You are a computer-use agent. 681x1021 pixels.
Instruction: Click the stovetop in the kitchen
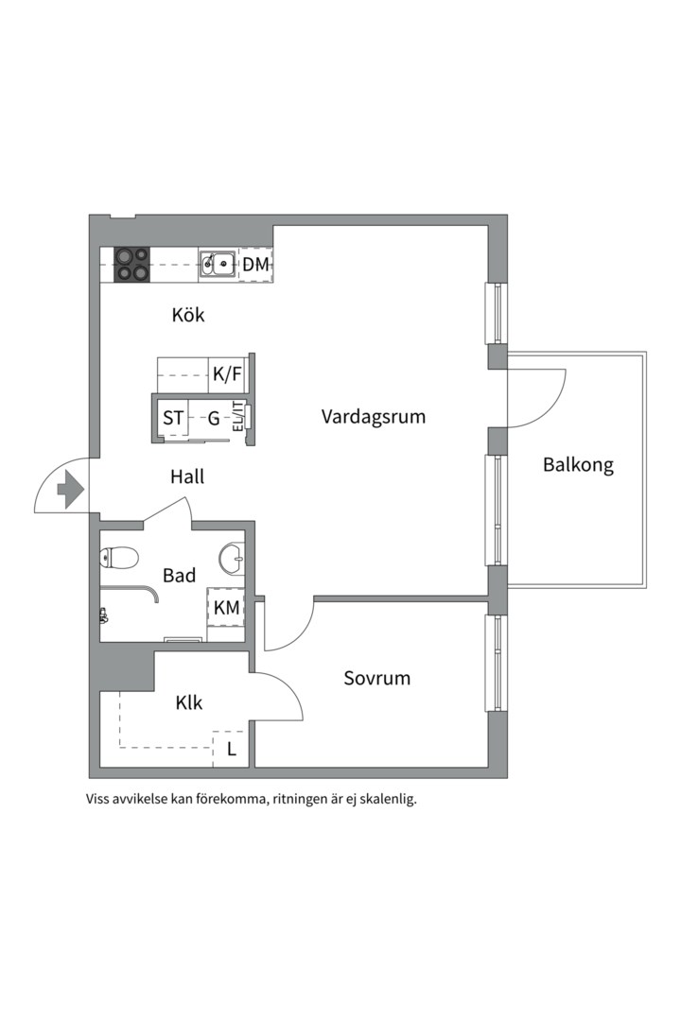132,265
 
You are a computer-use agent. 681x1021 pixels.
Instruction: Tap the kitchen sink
217,265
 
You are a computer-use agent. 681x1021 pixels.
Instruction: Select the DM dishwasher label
255,265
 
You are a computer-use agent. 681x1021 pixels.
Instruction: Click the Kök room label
188,315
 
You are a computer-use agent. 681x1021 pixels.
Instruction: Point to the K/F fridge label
227,374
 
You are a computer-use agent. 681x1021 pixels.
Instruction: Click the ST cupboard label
173,418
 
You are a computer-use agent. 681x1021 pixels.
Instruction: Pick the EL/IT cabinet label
237,418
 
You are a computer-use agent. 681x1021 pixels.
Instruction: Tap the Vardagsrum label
374,417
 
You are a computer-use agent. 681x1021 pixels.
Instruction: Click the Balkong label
578,465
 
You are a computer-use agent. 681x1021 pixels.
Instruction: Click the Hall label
187,477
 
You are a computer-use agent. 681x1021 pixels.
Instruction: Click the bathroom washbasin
232,559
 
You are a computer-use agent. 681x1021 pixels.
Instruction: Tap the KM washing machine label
227,608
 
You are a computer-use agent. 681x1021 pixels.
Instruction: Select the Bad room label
179,576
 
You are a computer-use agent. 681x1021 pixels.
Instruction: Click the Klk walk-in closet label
189,703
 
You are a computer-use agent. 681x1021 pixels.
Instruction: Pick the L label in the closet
232,750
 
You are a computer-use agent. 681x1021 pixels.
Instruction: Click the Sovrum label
377,679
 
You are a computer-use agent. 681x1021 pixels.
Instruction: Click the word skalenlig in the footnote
388,800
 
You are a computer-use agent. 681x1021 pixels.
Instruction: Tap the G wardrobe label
214,418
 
